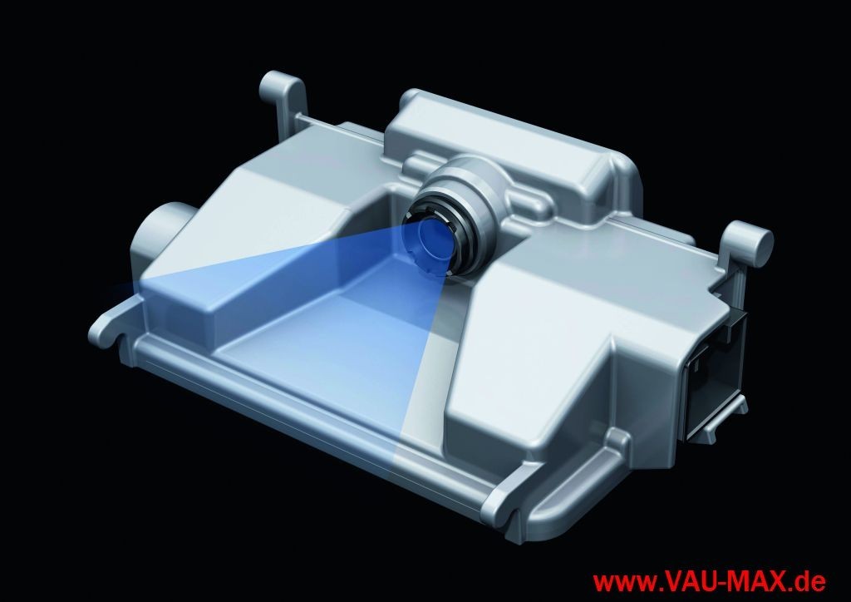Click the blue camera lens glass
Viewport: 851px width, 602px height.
click(429, 239)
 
